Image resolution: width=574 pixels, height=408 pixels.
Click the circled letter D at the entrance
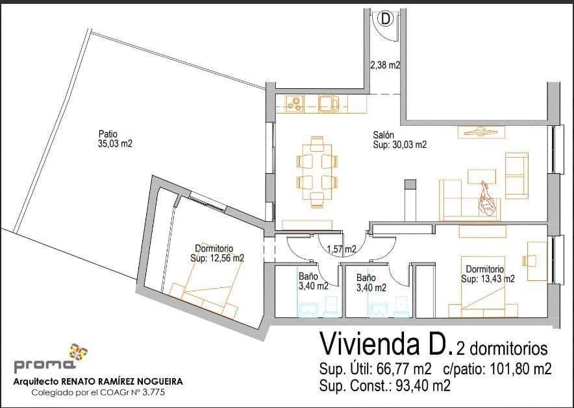click(386, 19)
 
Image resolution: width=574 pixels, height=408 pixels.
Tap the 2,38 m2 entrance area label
click(384, 66)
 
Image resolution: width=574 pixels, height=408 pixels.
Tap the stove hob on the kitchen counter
click(294, 103)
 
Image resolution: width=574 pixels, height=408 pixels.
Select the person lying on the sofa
click(487, 198)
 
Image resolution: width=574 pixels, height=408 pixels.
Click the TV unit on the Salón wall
click(481, 132)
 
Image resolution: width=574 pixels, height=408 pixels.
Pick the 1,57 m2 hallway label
click(341, 248)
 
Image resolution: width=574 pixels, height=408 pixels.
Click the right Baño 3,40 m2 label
click(371, 283)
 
